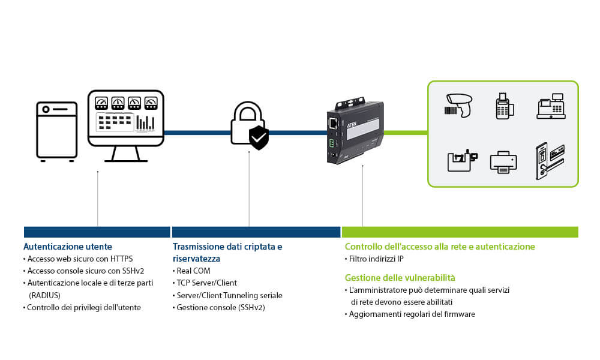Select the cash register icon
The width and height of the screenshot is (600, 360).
551,106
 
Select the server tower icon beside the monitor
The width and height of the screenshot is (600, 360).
57,131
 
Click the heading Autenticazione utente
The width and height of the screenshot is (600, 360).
68,247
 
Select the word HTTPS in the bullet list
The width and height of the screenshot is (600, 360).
121,259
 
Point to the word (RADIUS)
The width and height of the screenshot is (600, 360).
45,295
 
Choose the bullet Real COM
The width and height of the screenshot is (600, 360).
193,271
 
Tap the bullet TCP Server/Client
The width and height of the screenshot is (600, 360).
206,283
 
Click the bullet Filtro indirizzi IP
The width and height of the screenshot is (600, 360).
376,259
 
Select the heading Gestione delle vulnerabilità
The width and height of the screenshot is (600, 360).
400,278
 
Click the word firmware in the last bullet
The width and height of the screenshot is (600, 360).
459,314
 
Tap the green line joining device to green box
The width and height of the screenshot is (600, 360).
405,132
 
